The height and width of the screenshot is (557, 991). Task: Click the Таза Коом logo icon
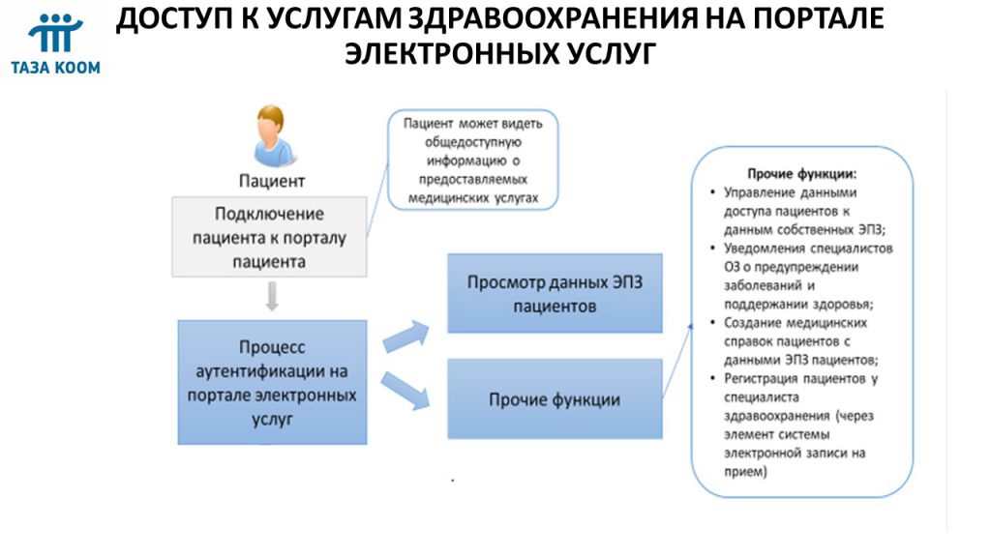[55, 33]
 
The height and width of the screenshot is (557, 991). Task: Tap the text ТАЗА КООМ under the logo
[55, 68]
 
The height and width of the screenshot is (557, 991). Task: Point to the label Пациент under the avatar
[272, 181]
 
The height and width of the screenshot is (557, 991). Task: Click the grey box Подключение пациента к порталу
[269, 237]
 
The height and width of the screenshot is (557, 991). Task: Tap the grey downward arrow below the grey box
[272, 296]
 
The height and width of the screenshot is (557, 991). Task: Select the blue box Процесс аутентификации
[272, 382]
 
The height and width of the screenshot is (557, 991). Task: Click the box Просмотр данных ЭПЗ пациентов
[555, 294]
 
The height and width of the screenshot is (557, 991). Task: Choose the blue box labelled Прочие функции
[555, 399]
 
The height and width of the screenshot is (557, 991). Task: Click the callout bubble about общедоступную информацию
[472, 160]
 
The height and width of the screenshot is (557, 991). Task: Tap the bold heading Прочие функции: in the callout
[802, 174]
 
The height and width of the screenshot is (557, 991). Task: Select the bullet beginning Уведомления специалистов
[801, 276]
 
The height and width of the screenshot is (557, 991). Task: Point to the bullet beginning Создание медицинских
[796, 341]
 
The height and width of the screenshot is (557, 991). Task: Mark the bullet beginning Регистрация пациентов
[796, 425]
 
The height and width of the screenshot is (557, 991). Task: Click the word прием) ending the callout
[746, 472]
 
